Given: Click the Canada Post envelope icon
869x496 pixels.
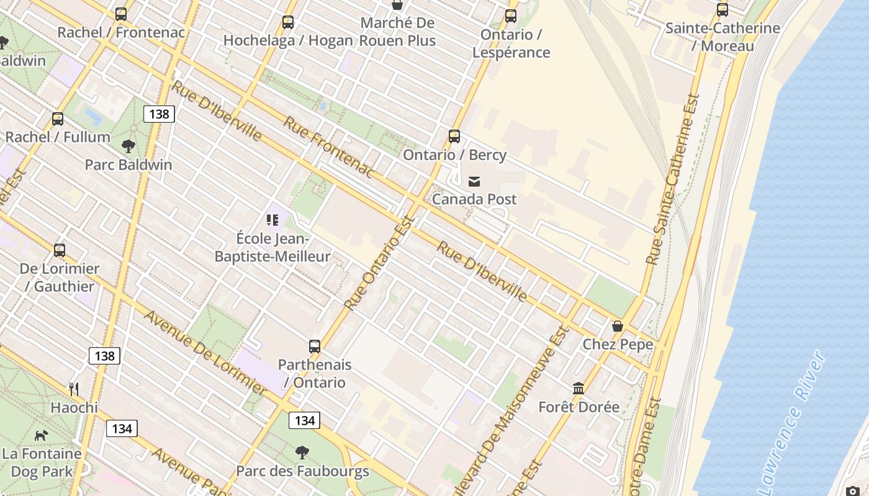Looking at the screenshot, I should (x=474, y=181).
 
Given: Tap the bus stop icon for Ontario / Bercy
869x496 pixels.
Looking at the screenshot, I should (x=454, y=136).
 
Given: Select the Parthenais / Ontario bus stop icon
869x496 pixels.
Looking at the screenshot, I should (x=315, y=347).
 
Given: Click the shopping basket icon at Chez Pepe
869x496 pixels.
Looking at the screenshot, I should (x=617, y=326).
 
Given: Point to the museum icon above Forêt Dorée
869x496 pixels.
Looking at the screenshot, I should (x=579, y=389).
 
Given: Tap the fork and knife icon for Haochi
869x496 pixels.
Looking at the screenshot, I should (x=74, y=389).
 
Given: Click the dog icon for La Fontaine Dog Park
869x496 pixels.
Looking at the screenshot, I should (x=41, y=435).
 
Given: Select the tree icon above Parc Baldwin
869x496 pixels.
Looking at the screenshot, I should (x=128, y=146).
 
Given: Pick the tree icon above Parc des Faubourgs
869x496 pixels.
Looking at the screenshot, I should (x=302, y=453).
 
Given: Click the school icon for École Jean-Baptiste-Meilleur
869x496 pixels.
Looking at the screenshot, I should (x=272, y=219).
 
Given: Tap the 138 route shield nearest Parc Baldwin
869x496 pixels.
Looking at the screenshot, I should (x=159, y=114).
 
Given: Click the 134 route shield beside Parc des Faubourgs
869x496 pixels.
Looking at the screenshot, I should (x=304, y=420).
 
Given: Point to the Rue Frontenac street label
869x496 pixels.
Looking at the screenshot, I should (x=329, y=147).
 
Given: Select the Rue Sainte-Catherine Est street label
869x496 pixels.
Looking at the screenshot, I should (x=673, y=180).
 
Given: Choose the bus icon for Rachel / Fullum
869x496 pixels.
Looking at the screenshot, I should (x=58, y=118).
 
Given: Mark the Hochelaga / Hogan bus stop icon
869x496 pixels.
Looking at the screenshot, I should (x=288, y=22).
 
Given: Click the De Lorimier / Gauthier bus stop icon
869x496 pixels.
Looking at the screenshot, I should (x=60, y=250).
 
